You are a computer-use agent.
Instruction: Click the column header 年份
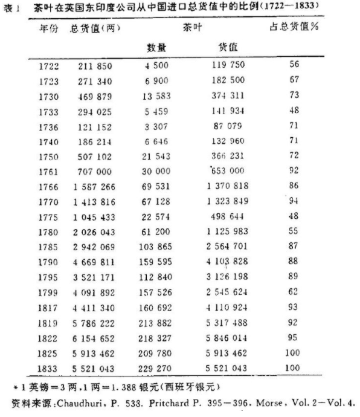tap(49, 28)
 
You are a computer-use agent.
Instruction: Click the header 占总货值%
tap(294, 28)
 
